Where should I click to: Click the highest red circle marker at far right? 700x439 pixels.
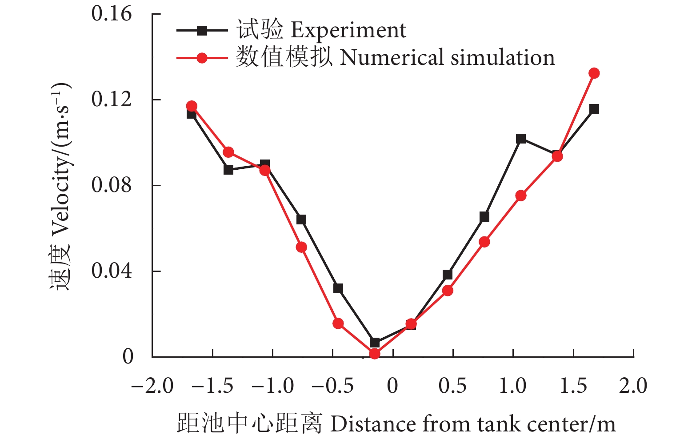(x=594, y=73)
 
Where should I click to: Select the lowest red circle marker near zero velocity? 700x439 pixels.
(x=375, y=354)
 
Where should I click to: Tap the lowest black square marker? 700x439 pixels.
(x=375, y=343)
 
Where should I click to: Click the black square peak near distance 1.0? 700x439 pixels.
(x=521, y=139)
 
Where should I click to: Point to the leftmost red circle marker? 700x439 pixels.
(x=192, y=106)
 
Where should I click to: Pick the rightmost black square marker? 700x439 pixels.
(x=594, y=109)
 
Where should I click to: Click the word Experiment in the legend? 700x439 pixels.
(x=348, y=30)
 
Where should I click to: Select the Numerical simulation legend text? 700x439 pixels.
(x=447, y=58)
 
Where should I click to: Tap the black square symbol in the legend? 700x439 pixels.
(x=202, y=31)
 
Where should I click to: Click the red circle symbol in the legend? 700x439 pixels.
(x=202, y=58)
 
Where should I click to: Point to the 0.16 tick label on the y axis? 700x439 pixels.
(x=105, y=14)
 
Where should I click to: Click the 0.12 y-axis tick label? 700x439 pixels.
(x=105, y=100)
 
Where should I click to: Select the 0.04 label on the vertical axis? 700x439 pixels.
(x=105, y=271)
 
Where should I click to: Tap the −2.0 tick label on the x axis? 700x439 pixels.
(x=152, y=386)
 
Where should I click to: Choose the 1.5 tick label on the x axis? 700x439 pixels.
(x=573, y=386)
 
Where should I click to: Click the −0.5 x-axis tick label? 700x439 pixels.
(x=332, y=386)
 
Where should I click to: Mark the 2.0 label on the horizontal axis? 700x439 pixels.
(x=633, y=386)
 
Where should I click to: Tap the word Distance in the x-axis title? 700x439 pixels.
(x=372, y=424)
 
